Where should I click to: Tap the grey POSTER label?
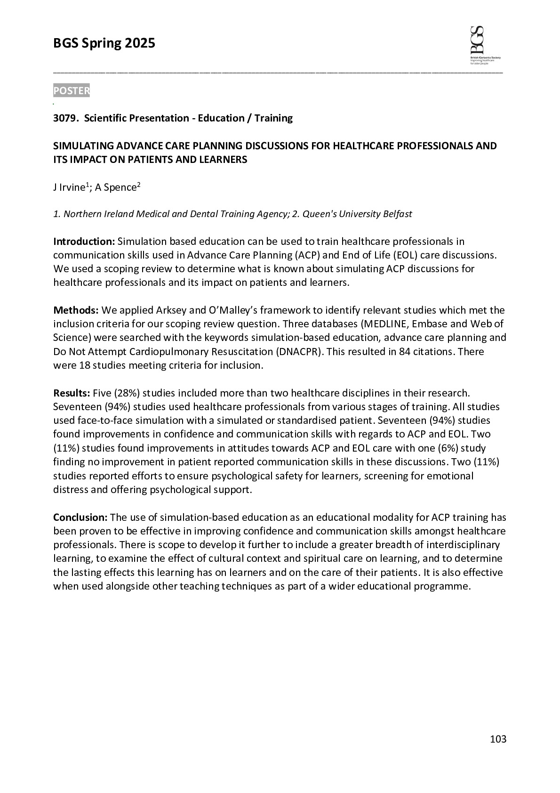coord(71,91)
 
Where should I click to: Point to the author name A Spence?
coord(115,188)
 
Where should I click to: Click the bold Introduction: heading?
coord(84,242)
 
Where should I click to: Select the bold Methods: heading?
coord(76,310)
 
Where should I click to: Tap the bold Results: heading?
coord(72,393)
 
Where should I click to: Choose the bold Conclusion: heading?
coord(80,518)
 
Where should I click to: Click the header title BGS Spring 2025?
coord(104,44)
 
